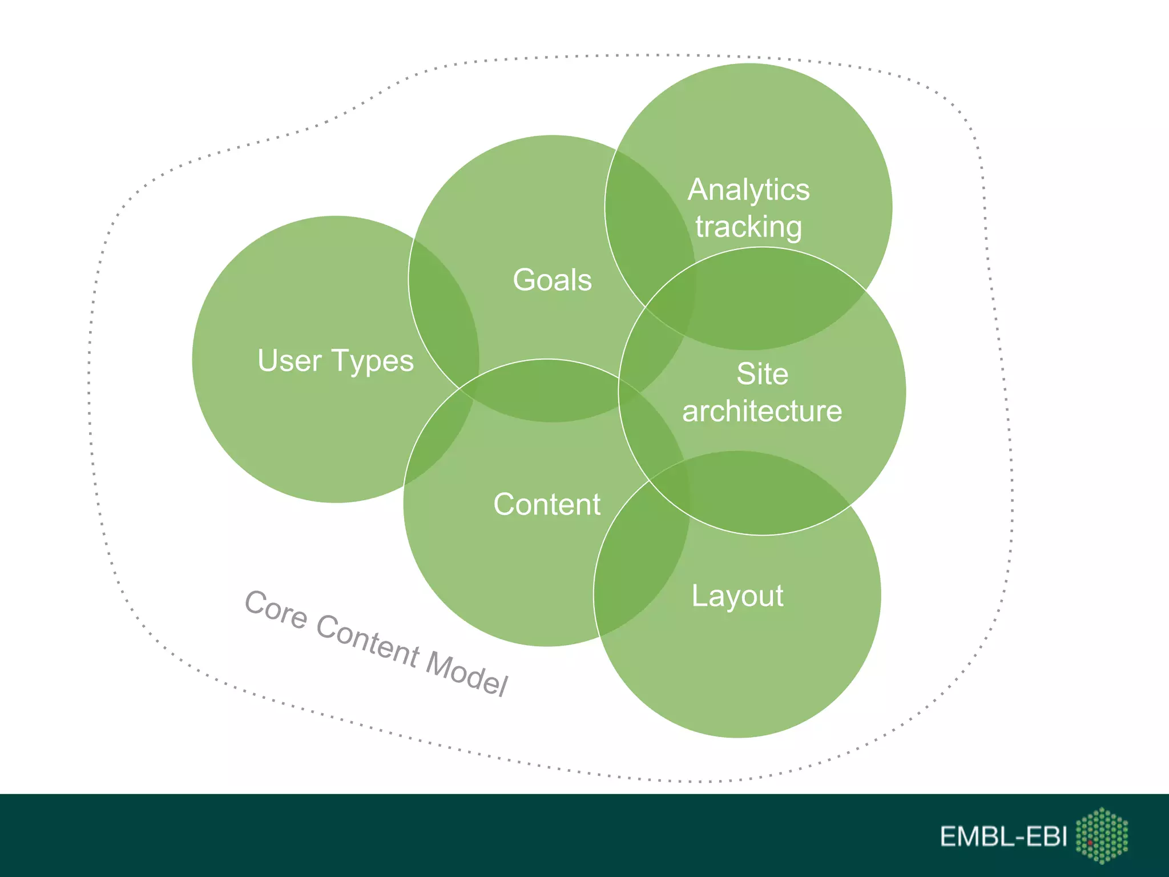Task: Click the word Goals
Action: coord(552,280)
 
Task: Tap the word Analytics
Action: coord(748,190)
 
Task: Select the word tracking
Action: coord(748,227)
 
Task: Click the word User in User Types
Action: coord(289,361)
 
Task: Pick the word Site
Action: coord(762,374)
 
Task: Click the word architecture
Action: coord(762,411)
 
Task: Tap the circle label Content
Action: coord(547,504)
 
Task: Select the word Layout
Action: coord(737,596)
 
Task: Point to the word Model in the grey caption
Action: coord(466,673)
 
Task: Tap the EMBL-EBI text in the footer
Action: coord(1003,836)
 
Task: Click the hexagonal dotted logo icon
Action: coord(1102,835)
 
